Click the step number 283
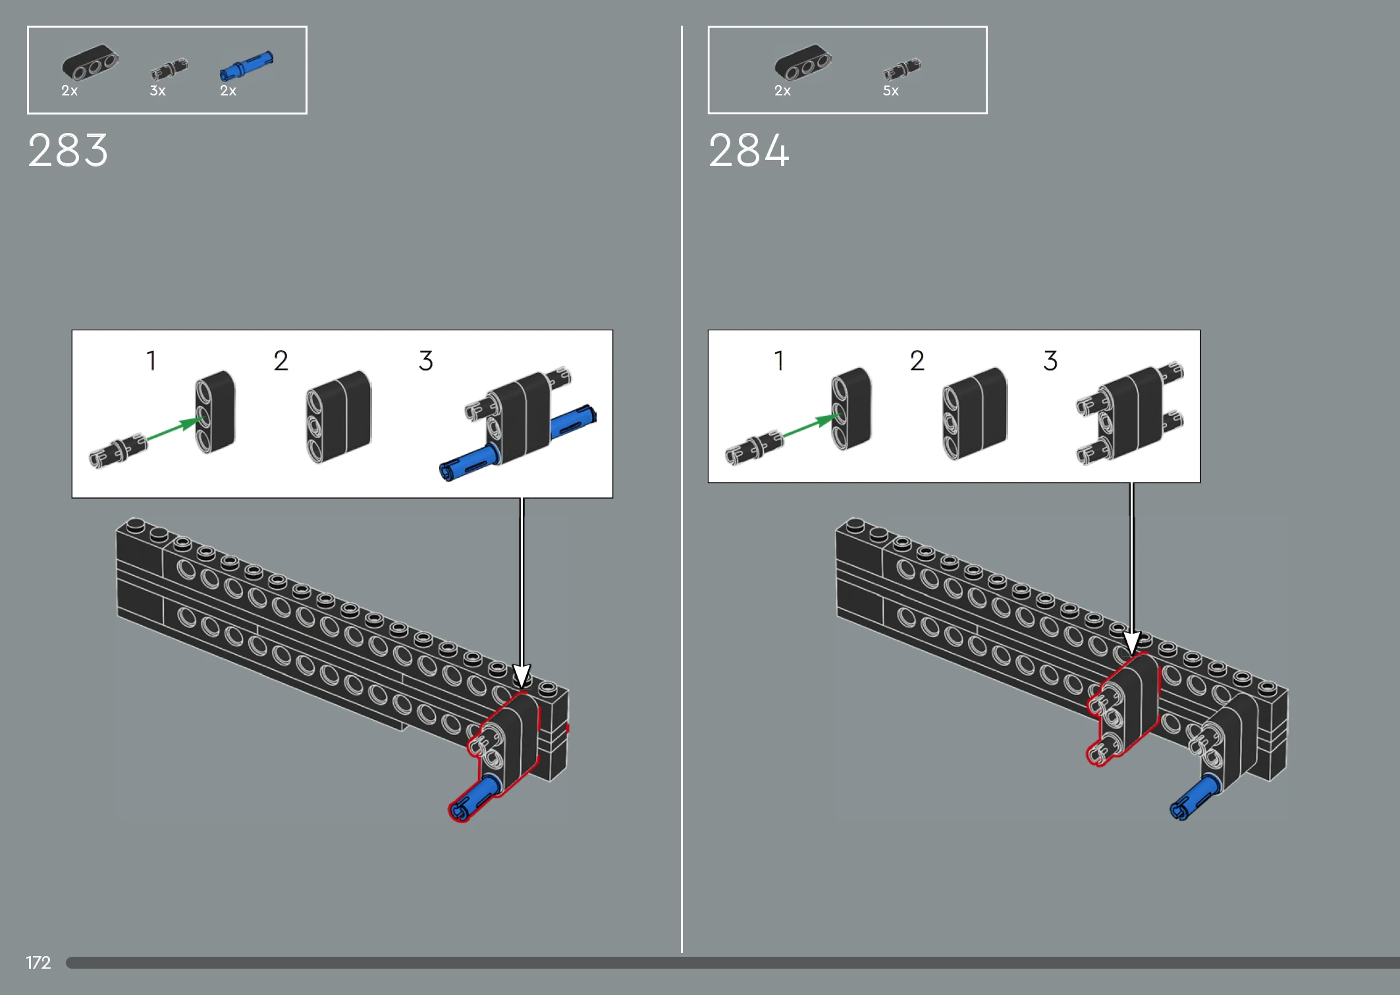tap(68, 150)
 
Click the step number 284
tap(749, 150)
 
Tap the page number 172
tap(38, 963)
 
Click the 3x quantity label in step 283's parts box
tap(157, 91)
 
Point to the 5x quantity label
tap(890, 91)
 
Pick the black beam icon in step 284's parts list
tap(803, 63)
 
